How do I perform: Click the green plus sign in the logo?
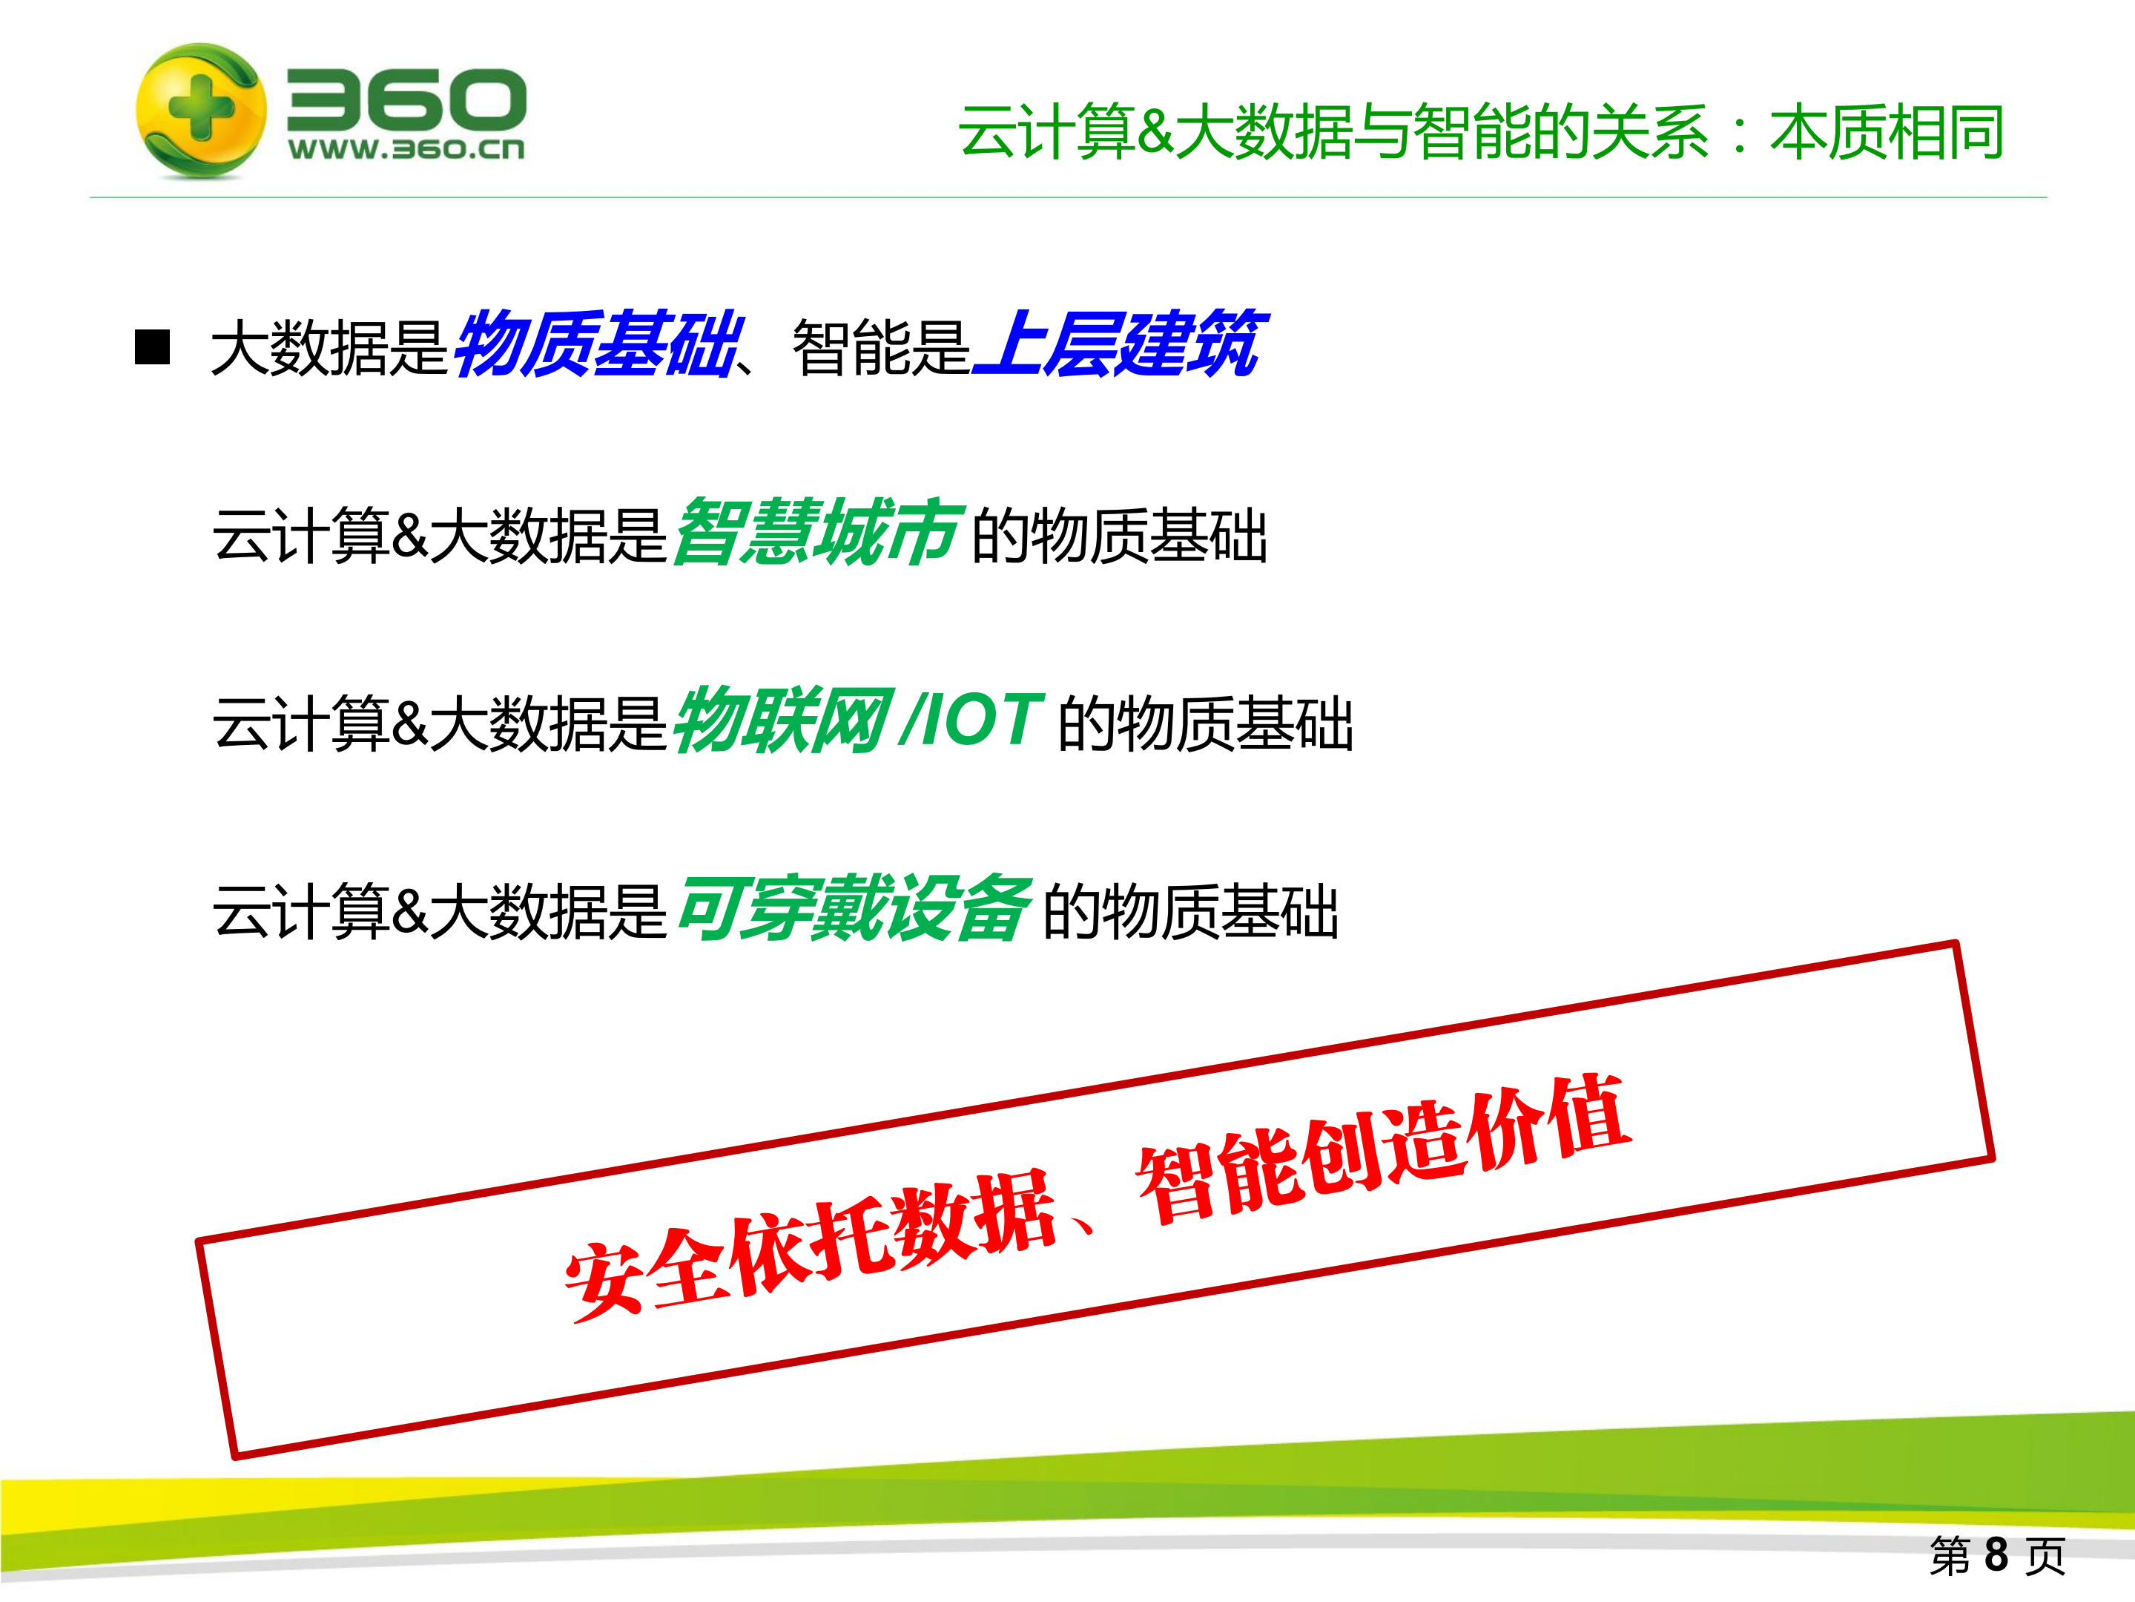pos(199,108)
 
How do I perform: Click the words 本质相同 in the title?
pos(1887,134)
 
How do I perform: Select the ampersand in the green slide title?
pos(1155,134)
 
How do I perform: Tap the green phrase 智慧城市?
pos(816,533)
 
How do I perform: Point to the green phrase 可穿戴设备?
pos(854,909)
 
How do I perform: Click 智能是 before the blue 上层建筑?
pos(880,347)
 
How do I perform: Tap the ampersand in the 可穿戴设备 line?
pos(410,910)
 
